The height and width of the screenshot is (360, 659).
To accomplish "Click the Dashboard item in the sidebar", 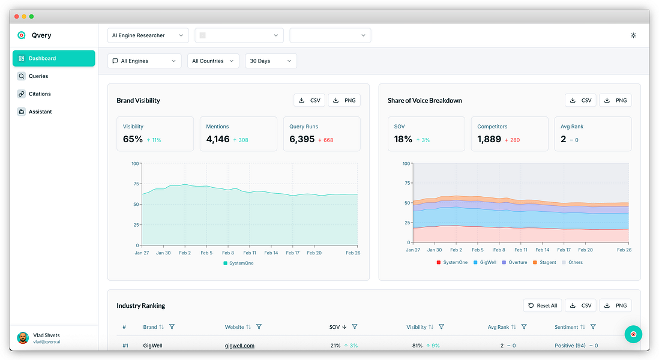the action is pyautogui.click(x=54, y=58).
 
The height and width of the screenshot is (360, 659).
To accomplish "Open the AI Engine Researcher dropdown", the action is pyautogui.click(x=148, y=35).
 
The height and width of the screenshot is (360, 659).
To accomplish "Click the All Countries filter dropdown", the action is pyautogui.click(x=212, y=61).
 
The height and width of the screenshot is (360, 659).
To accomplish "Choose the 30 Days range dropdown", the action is pyautogui.click(x=271, y=61).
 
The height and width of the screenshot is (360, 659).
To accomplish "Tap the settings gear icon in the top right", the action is pyautogui.click(x=633, y=35).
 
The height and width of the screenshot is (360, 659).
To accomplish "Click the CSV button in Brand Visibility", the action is pyautogui.click(x=309, y=100).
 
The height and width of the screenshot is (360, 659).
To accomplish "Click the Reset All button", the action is pyautogui.click(x=543, y=305).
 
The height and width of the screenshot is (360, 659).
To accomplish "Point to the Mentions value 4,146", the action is pyautogui.click(x=218, y=139).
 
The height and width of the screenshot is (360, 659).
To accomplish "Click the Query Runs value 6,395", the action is pyautogui.click(x=302, y=139).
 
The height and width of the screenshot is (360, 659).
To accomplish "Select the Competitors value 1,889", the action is pyautogui.click(x=489, y=139).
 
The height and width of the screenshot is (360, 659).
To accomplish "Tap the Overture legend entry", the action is pyautogui.click(x=514, y=263).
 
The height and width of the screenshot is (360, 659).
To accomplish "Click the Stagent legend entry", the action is pyautogui.click(x=545, y=263).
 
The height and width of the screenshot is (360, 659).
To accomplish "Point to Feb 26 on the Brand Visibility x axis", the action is pyautogui.click(x=353, y=253).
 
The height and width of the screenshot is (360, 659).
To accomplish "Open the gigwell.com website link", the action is pyautogui.click(x=239, y=346).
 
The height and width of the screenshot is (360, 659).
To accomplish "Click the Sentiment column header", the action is pyautogui.click(x=566, y=327).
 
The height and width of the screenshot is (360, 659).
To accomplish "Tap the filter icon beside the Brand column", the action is pyautogui.click(x=172, y=327).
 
